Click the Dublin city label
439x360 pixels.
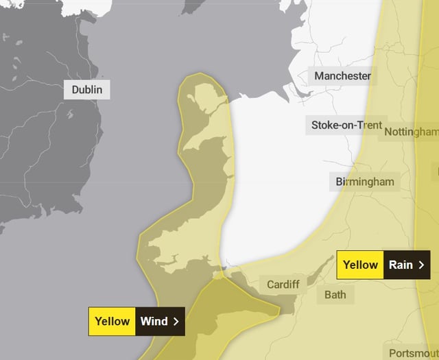coord(87,90)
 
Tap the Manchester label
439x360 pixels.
coord(342,76)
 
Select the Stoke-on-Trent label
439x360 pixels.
coord(346,125)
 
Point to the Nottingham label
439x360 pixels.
coord(412,132)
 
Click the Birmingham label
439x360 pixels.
coord(365,182)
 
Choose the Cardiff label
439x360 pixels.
coord(282,285)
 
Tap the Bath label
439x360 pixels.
coord(335,295)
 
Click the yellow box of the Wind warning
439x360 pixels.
coord(112,321)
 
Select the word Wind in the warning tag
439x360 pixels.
coord(154,321)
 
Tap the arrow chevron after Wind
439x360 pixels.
coord(176,321)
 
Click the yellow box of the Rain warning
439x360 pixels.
coord(360,265)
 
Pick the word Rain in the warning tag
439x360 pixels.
coord(401,265)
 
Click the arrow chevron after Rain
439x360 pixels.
coord(421,265)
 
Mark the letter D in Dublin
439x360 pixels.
coord(75,90)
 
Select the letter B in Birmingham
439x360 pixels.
coord(340,182)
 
